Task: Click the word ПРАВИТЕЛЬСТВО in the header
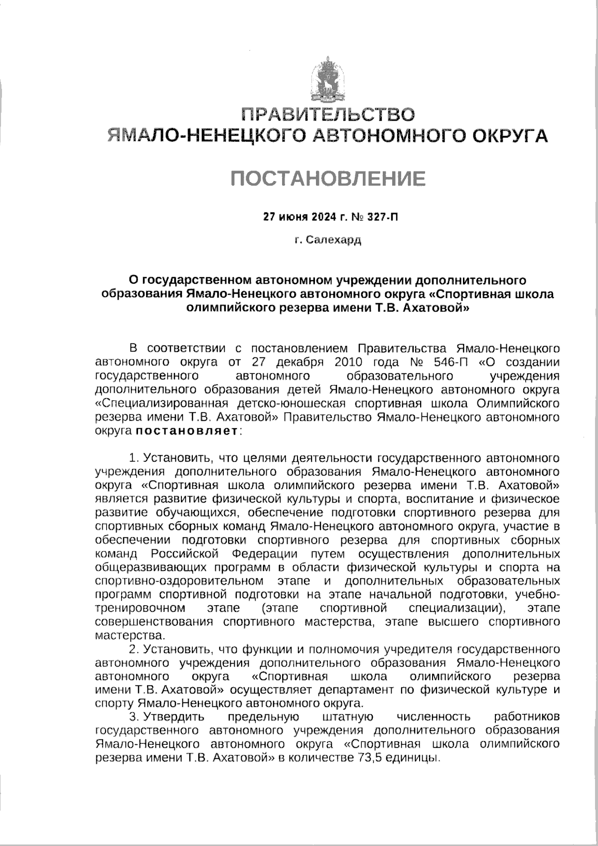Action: click(x=328, y=114)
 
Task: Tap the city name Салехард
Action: click(x=333, y=240)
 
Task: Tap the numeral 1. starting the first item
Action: click(x=134, y=458)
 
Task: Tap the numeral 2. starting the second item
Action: click(x=134, y=650)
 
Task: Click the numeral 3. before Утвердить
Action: click(x=134, y=717)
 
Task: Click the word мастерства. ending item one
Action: click(x=123, y=636)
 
